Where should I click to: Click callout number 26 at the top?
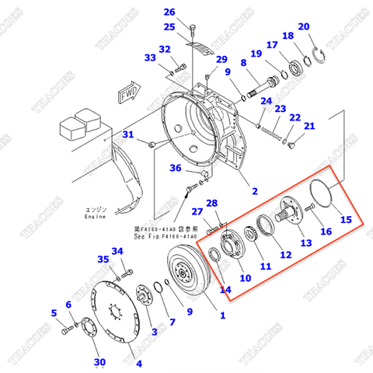pyautogui.click(x=169, y=12)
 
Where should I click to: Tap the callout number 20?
pyautogui.click(x=304, y=26)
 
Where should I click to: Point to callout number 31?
pyautogui.click(x=129, y=135)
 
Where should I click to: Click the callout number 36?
pyautogui.click(x=176, y=169)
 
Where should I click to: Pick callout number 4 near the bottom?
pyautogui.click(x=139, y=363)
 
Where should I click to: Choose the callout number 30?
pyautogui.click(x=99, y=363)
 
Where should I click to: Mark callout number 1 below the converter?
pyautogui.click(x=222, y=315)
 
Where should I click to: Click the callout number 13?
pyautogui.click(x=305, y=243)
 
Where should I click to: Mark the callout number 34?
pyautogui.click(x=117, y=251)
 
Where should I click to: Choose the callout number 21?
pyautogui.click(x=309, y=127)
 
